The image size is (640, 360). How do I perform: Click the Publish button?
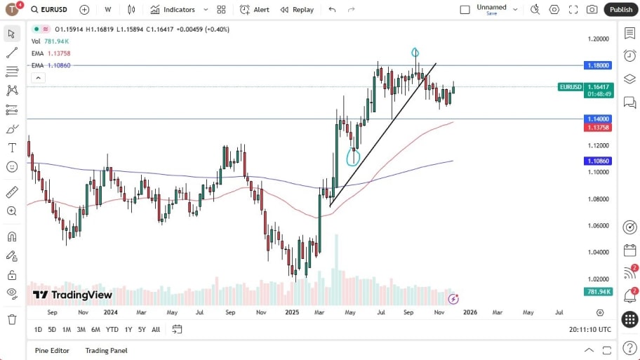coord(620,10)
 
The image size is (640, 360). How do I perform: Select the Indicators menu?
coord(179,10)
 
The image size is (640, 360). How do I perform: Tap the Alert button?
coord(255,10)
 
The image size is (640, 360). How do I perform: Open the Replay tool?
coord(297,10)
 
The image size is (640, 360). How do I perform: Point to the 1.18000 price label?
coord(599,65)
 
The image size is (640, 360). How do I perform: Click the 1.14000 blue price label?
coord(599,119)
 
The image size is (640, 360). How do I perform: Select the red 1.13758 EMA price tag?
coord(599,127)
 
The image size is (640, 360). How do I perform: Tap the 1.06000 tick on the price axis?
coord(599,226)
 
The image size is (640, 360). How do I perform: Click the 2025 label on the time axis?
coord(293,312)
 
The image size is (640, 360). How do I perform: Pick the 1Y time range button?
coord(128,329)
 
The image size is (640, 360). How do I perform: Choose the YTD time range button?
coord(112,329)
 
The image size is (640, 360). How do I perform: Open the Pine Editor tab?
coord(53,350)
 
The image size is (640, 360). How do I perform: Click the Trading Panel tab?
coord(107,350)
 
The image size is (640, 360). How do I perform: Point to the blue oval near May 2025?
coord(353,156)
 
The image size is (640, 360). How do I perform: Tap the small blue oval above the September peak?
coord(415,53)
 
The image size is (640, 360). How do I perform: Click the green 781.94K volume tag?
coord(599,291)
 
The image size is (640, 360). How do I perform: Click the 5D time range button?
coord(52,329)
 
